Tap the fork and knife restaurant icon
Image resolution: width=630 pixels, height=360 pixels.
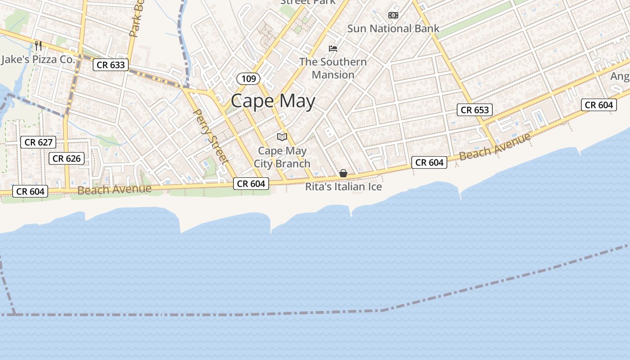38,45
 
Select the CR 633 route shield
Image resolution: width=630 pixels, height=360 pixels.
111,65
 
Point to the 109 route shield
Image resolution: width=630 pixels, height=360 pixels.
248,79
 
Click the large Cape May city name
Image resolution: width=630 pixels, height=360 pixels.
273,101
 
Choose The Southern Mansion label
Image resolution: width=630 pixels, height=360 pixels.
333,68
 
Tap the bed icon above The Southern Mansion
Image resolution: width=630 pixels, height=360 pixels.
333,49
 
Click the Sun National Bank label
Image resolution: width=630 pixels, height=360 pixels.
393,28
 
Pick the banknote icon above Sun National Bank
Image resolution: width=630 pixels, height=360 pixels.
393,15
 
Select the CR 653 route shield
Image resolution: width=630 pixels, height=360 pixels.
475,110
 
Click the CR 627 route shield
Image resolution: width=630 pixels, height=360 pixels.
38,143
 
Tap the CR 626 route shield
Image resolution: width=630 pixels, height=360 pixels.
67,158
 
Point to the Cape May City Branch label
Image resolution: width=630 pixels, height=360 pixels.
282,157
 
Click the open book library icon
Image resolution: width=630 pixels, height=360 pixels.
282,137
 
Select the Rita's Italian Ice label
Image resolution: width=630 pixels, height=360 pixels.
343,187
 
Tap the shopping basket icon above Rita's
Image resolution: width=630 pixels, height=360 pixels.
343,173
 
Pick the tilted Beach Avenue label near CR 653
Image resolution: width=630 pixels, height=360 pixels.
495,147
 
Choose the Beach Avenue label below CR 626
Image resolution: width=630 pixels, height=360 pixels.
114,189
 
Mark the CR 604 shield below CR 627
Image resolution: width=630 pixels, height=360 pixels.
30,191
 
